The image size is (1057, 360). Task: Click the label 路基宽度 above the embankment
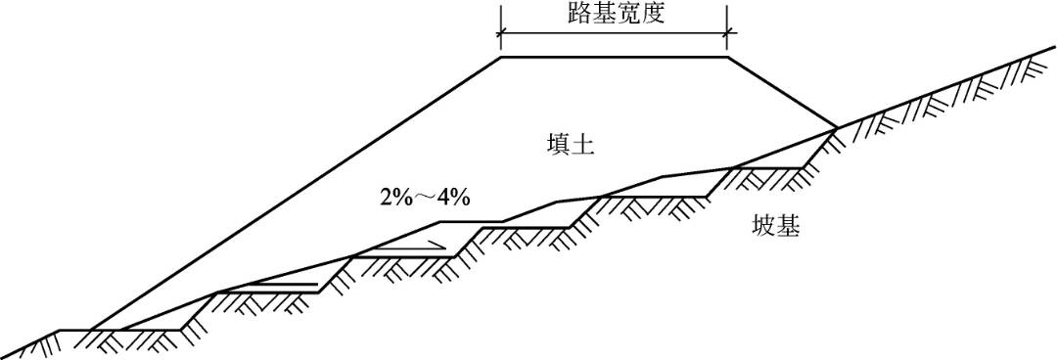tap(615, 14)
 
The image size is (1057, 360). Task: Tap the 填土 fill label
tap(572, 146)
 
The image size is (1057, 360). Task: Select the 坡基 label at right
tap(776, 227)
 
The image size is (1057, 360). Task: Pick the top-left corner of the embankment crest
tap(501, 57)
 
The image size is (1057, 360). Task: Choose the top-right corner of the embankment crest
tap(726, 57)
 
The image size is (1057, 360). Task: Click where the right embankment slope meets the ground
tap(837, 127)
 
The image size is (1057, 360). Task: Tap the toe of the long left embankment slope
tap(90, 330)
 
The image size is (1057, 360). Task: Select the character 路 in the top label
tap(578, 14)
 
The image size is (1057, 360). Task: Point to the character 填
tap(559, 146)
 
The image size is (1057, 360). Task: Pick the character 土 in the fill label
tap(584, 146)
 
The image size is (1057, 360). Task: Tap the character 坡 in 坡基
tap(763, 227)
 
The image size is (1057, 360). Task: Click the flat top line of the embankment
tap(614, 57)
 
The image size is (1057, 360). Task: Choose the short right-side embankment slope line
tap(782, 92)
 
